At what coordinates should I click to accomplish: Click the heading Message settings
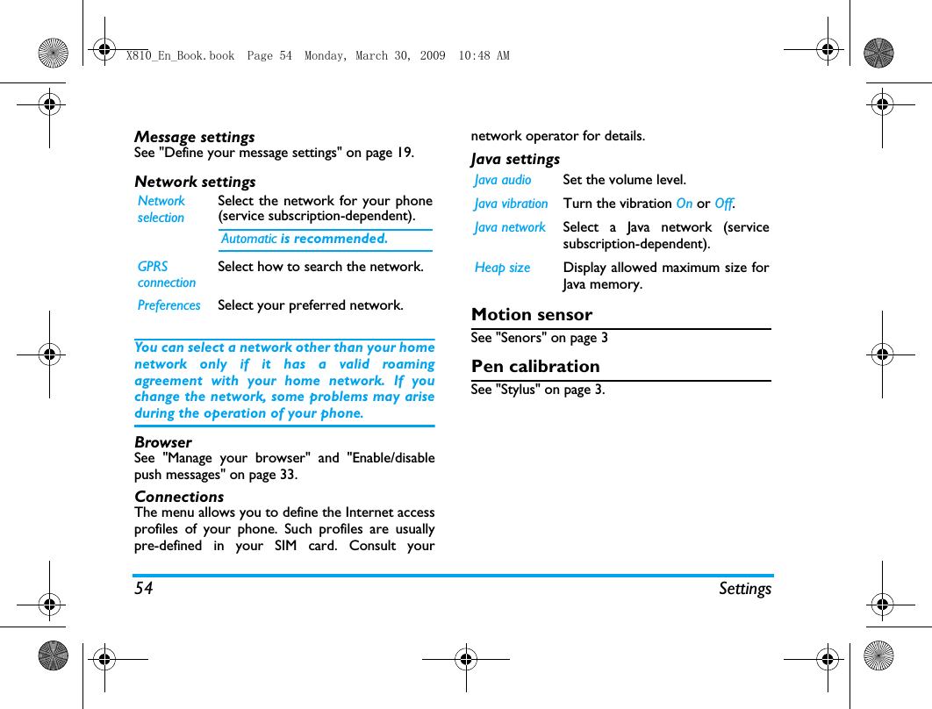pos(194,137)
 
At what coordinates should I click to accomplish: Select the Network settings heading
pos(195,182)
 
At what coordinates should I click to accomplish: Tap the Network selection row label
pos(161,209)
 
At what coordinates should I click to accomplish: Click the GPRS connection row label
pos(166,274)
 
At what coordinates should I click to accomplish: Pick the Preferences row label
pos(168,305)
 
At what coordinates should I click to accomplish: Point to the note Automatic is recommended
pos(304,239)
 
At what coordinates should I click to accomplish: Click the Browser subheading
pos(162,442)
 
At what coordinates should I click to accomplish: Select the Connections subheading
pos(179,497)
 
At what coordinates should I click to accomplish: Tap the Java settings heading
pos(515,159)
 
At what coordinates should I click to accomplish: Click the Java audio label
pos(503,180)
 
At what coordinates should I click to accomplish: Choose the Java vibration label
pos(511,204)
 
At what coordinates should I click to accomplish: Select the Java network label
pos(510,227)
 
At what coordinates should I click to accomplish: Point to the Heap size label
pos(502,268)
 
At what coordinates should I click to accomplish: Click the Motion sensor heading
pos(532,314)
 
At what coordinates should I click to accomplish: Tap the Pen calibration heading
pos(535,366)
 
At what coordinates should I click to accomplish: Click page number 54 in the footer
pos(144,588)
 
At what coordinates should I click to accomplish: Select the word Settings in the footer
pos(745,588)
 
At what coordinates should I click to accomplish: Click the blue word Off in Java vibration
pos(723,204)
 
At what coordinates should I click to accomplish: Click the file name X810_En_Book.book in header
pos(180,55)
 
